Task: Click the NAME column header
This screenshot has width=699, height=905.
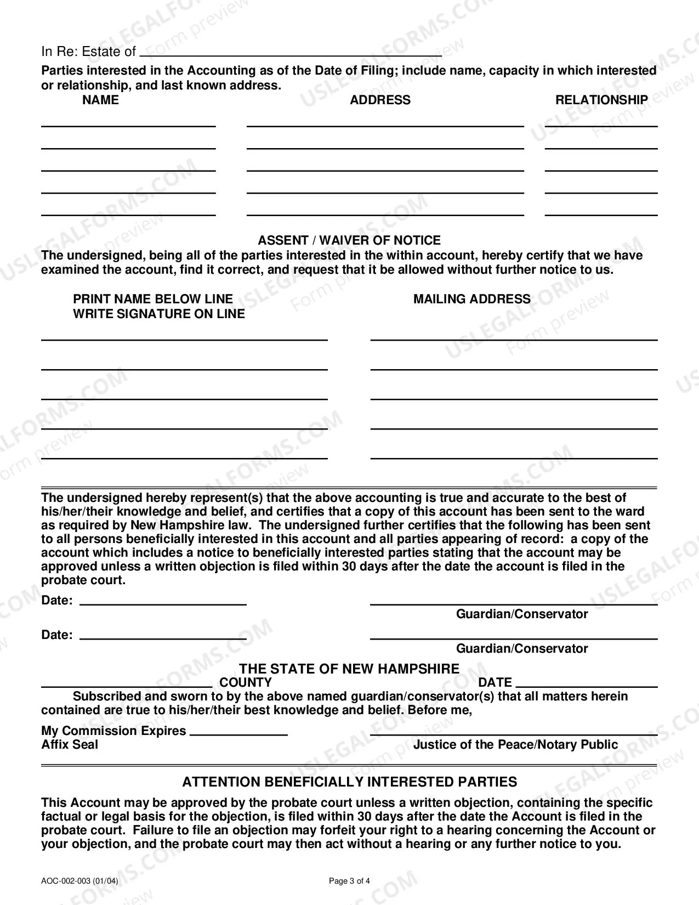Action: [x=100, y=100]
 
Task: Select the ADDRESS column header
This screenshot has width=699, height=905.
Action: [x=380, y=100]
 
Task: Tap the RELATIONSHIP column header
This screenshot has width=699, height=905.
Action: [x=601, y=100]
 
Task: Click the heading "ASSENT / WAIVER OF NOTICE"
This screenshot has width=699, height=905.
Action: [x=349, y=240]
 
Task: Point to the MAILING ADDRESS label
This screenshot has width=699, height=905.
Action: [x=472, y=299]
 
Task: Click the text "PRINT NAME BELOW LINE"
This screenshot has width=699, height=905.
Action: [x=153, y=299]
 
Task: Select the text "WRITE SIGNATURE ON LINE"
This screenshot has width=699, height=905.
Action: [x=159, y=314]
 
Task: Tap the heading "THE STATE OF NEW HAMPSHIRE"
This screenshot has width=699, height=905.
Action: [x=349, y=669]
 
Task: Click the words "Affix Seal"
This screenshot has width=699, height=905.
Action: [x=70, y=744]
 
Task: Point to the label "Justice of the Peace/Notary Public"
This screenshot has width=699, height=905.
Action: [x=515, y=744]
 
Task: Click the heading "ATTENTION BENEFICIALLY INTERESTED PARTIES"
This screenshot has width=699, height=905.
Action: [x=349, y=782]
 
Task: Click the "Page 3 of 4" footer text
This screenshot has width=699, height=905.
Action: [x=349, y=881]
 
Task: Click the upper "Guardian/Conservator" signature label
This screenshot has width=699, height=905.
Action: [x=522, y=614]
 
